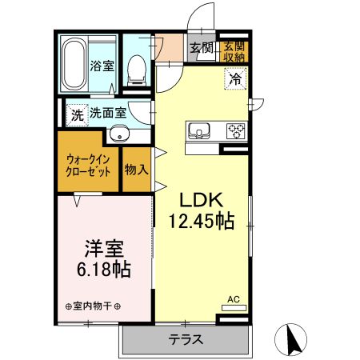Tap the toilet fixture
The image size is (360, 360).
click(x=138, y=69)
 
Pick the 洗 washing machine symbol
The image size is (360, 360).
click(x=77, y=114)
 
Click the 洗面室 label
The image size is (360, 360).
click(x=107, y=114)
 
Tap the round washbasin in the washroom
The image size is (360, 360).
click(x=118, y=134)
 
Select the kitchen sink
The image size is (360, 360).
click(x=198, y=129)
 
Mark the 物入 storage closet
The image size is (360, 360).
click(x=136, y=169)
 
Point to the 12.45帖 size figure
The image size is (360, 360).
click(x=201, y=222)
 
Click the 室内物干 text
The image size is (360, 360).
click(x=93, y=306)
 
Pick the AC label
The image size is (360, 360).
click(x=234, y=298)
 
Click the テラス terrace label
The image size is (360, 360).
click(x=185, y=339)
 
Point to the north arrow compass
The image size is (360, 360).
click(x=293, y=339)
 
